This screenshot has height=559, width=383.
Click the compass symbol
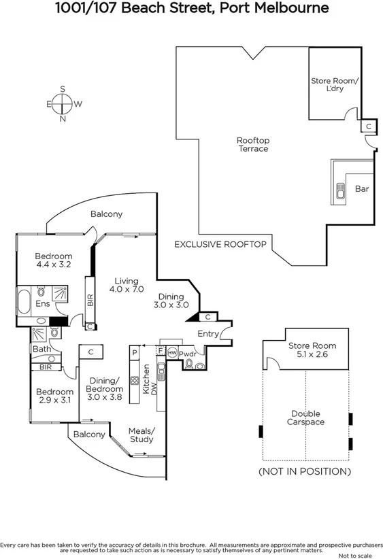pyautogui.click(x=63, y=104)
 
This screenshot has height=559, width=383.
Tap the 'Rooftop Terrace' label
pyautogui.click(x=252, y=144)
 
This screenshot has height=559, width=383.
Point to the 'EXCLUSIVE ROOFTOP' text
pyautogui.click(x=220, y=243)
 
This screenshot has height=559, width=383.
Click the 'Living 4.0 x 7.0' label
pyautogui.click(x=126, y=285)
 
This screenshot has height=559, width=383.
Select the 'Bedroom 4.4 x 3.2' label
pyautogui.click(x=53, y=260)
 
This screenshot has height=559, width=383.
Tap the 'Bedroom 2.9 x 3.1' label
pyautogui.click(x=54, y=396)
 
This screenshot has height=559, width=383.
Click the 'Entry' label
pyautogui.click(x=208, y=334)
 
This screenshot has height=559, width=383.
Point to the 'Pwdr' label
pyautogui.click(x=188, y=354)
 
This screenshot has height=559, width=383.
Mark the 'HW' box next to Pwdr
pyautogui.click(x=172, y=353)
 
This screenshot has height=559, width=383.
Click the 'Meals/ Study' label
pyautogui.click(x=142, y=435)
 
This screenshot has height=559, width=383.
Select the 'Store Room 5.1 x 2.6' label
pyautogui.click(x=312, y=350)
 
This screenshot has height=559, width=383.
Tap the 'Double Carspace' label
pyautogui.click(x=305, y=418)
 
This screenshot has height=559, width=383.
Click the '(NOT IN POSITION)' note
pyautogui.click(x=305, y=471)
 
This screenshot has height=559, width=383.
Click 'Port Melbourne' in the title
pyautogui.click(x=271, y=9)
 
